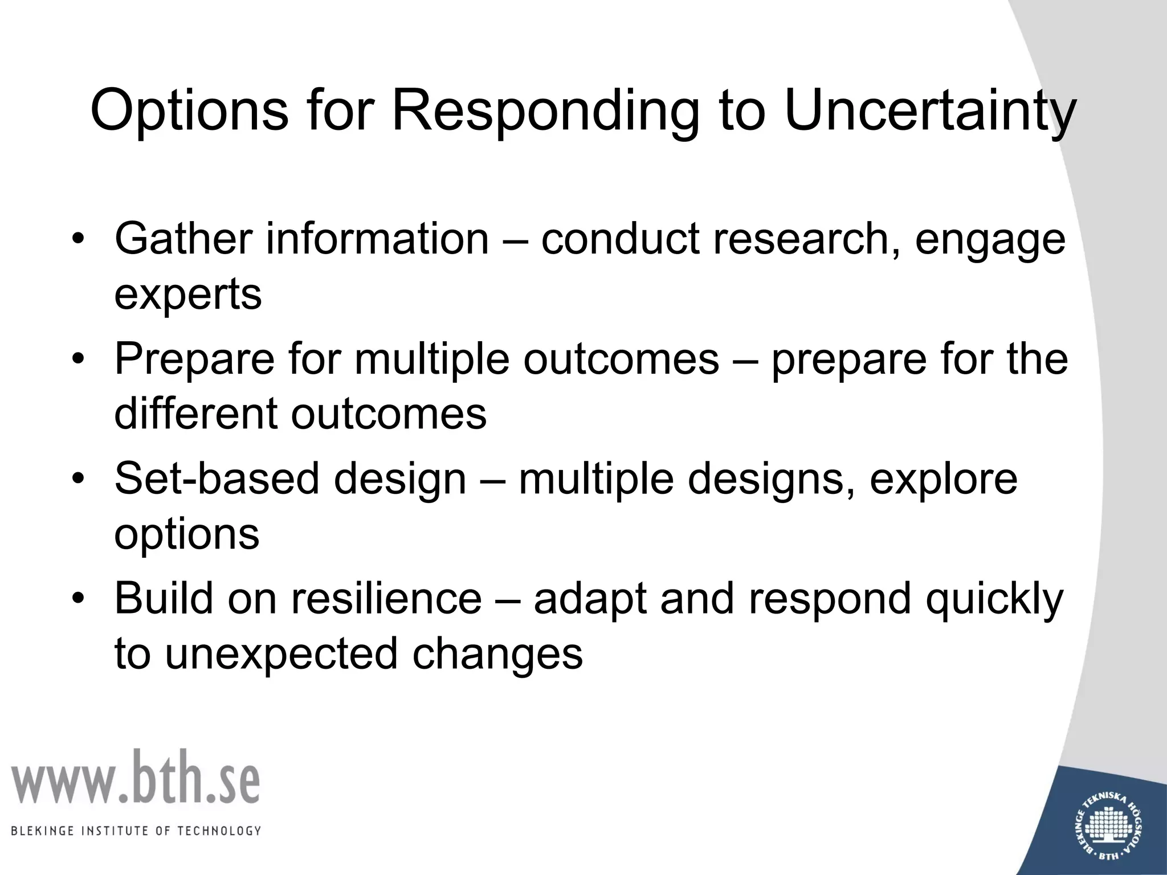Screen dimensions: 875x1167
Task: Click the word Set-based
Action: coord(217,479)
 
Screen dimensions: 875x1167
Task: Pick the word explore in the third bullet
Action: coord(943,479)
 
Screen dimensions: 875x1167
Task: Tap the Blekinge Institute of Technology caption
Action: coord(136,831)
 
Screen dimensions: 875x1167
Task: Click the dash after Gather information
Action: coord(515,239)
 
